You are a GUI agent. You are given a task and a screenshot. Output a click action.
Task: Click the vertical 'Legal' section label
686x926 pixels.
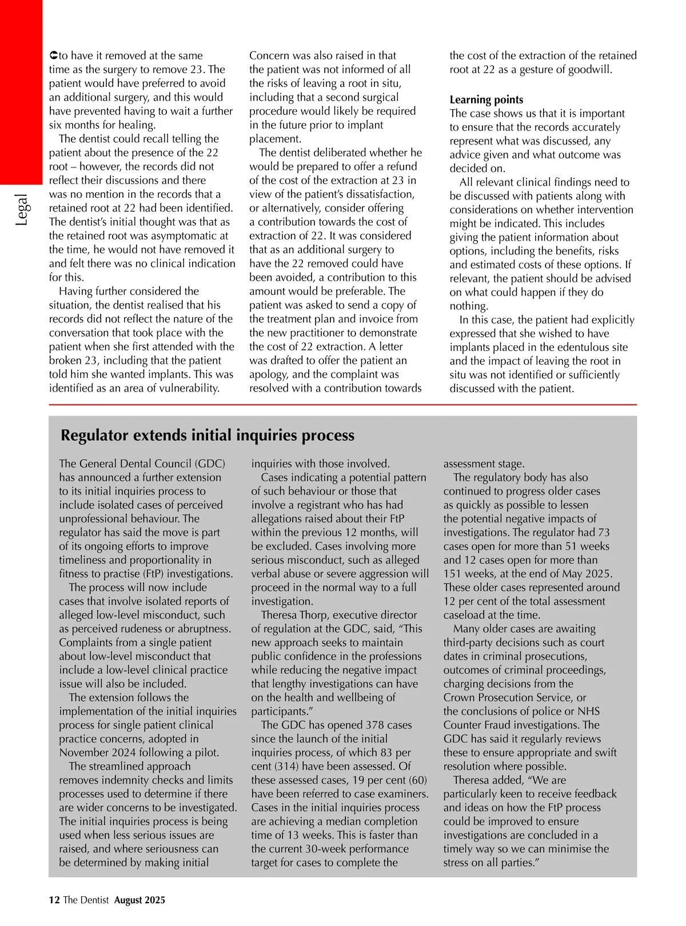click(21, 210)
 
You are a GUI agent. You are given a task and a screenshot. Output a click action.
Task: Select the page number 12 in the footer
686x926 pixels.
click(54, 900)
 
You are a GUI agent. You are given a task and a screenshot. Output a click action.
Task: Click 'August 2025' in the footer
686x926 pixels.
click(139, 900)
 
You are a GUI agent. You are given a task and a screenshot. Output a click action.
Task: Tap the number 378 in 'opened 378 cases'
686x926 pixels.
click(374, 725)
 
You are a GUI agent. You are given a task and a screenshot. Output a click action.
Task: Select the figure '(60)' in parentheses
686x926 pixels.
click(416, 780)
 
